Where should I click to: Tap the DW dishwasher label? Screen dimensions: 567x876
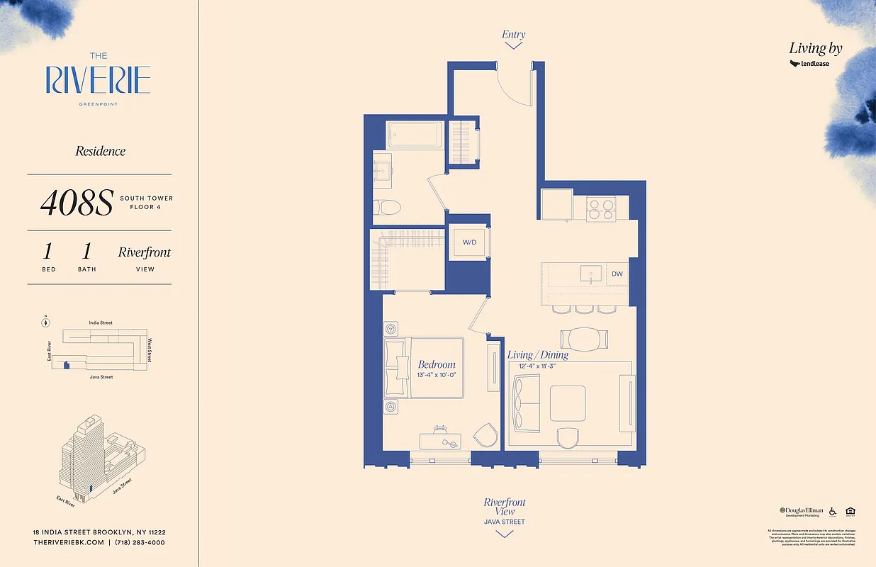pyautogui.click(x=617, y=273)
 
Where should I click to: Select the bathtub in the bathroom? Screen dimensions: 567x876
pyautogui.click(x=415, y=135)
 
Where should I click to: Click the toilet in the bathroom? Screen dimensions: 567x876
pyautogui.click(x=388, y=207)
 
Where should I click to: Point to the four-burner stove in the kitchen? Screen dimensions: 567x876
pyautogui.click(x=600, y=208)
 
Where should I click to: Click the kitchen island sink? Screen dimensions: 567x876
pyautogui.click(x=588, y=274)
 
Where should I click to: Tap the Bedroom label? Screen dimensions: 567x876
pyautogui.click(x=437, y=364)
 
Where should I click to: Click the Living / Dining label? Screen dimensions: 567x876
pyautogui.click(x=537, y=354)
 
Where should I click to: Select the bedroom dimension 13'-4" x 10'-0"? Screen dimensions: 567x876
pyautogui.click(x=437, y=375)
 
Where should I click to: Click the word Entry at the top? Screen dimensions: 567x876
pyautogui.click(x=514, y=34)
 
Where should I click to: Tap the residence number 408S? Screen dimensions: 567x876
pyautogui.click(x=76, y=203)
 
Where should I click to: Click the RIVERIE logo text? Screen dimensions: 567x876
pyautogui.click(x=98, y=80)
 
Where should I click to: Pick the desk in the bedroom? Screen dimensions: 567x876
pyautogui.click(x=442, y=440)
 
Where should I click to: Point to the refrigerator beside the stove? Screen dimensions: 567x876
pyautogui.click(x=556, y=206)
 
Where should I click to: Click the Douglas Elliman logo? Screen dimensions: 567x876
pyautogui.click(x=802, y=511)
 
